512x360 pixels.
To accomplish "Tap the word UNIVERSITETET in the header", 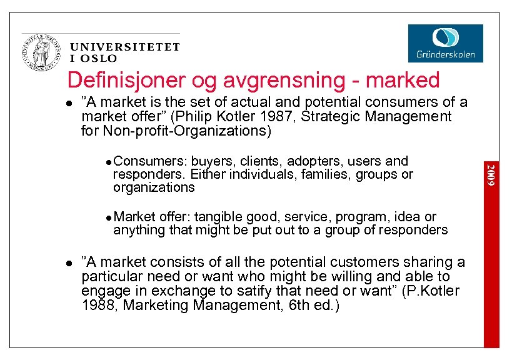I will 125,47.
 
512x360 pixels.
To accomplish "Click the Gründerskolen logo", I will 445,43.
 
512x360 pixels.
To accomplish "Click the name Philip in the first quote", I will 213,116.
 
